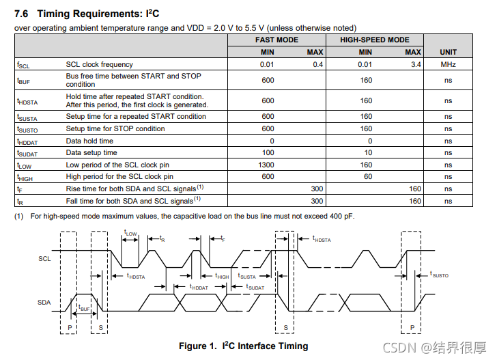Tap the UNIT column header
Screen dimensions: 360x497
448,52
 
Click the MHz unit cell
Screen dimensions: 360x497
448,64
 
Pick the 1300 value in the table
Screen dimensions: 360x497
268,165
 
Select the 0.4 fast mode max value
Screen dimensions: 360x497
317,64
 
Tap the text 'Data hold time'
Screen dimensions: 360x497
89,141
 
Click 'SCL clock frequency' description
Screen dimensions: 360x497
99,64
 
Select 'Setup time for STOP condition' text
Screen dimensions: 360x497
115,128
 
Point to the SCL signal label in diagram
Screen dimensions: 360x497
45,259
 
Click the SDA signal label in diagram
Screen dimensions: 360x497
45,301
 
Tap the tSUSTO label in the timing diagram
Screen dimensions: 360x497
439,275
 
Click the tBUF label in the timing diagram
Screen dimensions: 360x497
84,309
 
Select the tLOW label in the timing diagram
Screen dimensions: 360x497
130,234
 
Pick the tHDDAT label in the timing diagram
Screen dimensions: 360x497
199,288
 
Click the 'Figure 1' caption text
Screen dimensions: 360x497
243,346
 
